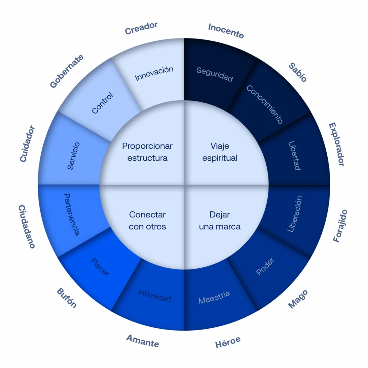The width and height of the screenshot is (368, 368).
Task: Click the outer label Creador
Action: [141, 28]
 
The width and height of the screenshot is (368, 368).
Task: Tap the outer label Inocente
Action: [226, 31]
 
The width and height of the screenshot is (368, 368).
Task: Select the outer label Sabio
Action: [298, 72]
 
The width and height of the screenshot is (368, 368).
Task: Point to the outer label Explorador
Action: [336, 144]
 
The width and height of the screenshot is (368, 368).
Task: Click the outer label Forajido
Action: [340, 226]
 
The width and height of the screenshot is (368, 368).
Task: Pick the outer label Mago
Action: [298, 299]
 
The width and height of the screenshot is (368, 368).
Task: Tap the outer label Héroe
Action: [228, 342]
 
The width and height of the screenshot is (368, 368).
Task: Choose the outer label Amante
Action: [143, 341]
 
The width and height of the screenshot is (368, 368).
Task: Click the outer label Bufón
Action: [66, 298]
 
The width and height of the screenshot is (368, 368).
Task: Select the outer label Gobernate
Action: [66, 71]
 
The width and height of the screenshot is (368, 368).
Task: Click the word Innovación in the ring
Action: [154, 73]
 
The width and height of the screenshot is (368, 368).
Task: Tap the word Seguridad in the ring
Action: [215, 74]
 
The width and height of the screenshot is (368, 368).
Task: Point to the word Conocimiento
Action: [264, 104]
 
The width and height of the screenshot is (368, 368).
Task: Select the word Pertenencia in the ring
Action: [72, 215]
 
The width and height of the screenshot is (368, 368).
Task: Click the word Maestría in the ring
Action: [214, 297]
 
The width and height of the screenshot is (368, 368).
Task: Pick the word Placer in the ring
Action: [100, 267]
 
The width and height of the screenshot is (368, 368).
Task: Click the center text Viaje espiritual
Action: [220, 152]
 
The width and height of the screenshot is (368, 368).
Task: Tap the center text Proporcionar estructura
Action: [147, 152]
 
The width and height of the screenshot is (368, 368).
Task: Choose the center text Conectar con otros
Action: [147, 220]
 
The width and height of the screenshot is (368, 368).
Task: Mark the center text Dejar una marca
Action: [220, 220]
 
